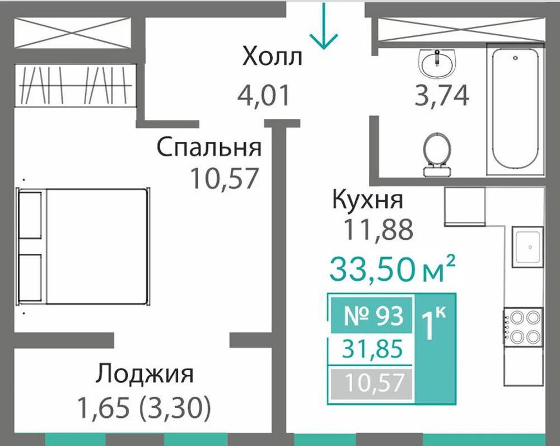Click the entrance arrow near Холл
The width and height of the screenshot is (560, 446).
click(324, 25)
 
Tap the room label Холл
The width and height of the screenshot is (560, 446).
click(272, 57)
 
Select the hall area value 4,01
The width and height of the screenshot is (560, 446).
click(264, 96)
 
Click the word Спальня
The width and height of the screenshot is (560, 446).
click(209, 147)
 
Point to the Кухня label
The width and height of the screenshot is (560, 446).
click(368, 199)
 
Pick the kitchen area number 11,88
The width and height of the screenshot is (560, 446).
click(378, 229)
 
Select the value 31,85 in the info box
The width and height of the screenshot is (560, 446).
click(372, 349)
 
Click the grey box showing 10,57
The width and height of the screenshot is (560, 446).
click(371, 383)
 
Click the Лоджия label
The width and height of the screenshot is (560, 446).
click(144, 374)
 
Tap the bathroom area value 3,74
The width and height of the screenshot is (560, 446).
click(442, 96)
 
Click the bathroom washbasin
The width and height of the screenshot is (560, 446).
click(437, 63)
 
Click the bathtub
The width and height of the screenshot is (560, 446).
click(515, 109)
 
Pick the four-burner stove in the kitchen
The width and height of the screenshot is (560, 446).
click(523, 327)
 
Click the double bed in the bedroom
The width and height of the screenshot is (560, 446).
click(83, 247)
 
